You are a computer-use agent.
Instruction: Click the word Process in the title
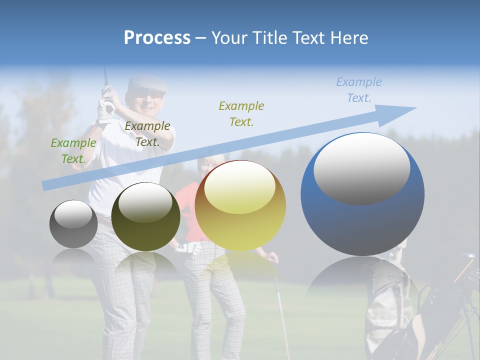click(x=157, y=38)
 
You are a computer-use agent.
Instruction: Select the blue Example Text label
click(x=359, y=90)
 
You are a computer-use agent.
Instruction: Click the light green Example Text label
click(x=73, y=151)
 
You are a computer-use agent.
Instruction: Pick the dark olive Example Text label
click(x=147, y=134)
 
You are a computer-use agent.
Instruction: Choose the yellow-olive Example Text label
click(x=241, y=114)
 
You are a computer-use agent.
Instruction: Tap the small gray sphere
click(x=73, y=224)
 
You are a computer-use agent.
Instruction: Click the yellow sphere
click(x=240, y=220)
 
